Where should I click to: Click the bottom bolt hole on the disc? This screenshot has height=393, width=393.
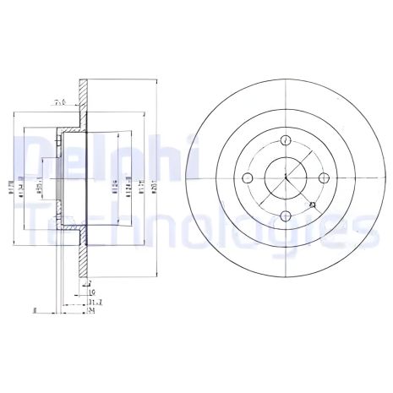(x=286, y=215)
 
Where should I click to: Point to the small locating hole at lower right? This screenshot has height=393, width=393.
(x=313, y=205)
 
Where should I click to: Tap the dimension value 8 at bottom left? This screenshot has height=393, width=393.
(x=32, y=310)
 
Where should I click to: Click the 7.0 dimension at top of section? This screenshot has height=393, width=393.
(x=60, y=101)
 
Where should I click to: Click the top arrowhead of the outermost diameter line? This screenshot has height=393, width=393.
(x=156, y=82)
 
